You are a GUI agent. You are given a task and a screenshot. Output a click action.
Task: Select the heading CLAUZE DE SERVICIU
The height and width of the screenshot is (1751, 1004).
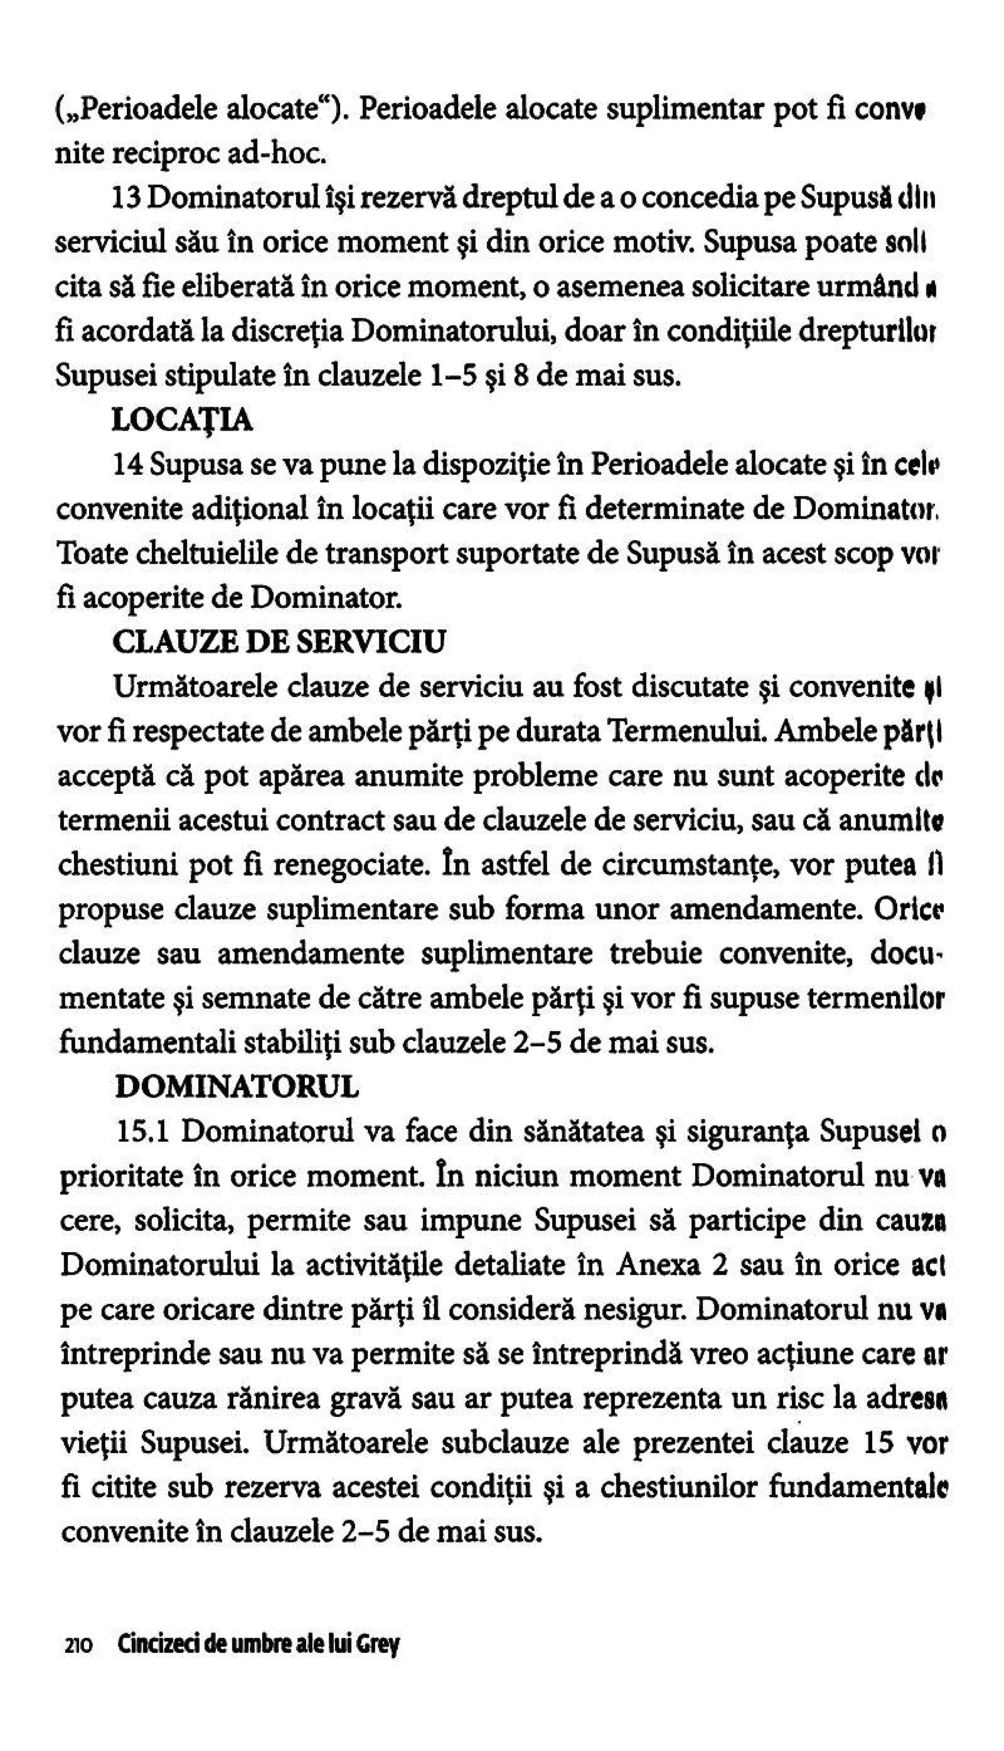tap(278, 642)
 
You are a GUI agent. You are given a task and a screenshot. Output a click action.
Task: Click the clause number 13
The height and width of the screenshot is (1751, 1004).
tap(126, 199)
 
